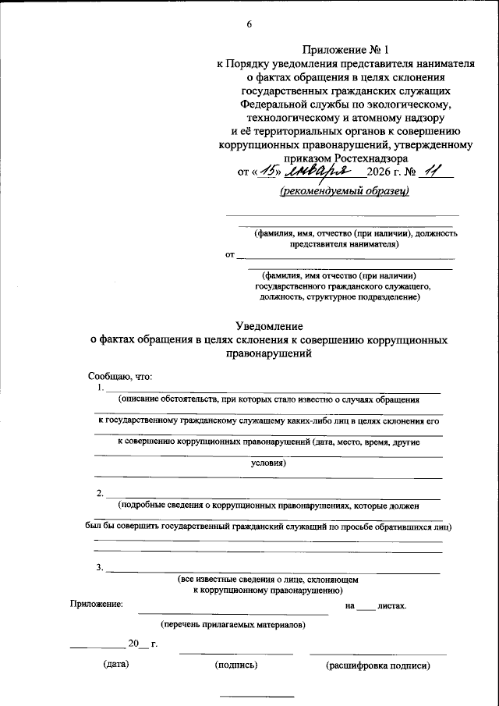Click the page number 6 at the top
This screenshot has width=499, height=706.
249,23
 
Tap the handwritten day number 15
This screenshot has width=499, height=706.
270,171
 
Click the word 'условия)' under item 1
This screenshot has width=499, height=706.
268,463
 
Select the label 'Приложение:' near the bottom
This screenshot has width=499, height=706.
96,605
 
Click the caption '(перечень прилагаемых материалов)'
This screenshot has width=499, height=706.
232,625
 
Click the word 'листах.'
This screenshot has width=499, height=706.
391,605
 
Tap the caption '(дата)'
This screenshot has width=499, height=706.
115,665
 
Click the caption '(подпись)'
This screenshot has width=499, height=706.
235,665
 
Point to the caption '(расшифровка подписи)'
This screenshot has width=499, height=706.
377,665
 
